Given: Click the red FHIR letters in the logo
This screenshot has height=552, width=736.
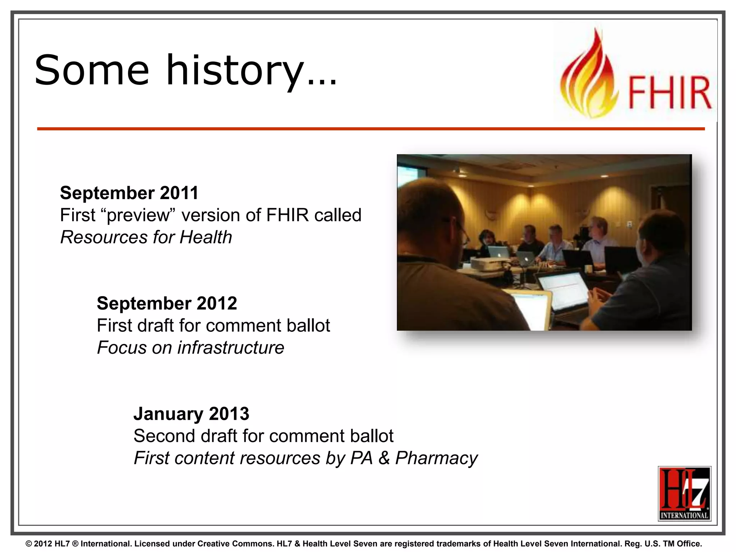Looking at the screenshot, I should pyautogui.click(x=669, y=93).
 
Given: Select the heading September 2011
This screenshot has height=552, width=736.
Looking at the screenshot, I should pyautogui.click(x=129, y=193).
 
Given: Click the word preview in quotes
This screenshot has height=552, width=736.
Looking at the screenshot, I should pyautogui.click(x=138, y=216).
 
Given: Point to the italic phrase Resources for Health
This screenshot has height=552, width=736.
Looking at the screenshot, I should pyautogui.click(x=146, y=238).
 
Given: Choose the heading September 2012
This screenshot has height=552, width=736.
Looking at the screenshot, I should pyautogui.click(x=167, y=303).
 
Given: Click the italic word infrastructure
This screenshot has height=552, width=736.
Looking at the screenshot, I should pyautogui.click(x=231, y=348).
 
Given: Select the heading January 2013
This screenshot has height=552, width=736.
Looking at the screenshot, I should pyautogui.click(x=191, y=414).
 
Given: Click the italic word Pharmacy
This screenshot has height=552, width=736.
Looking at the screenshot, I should pyautogui.click(x=436, y=458).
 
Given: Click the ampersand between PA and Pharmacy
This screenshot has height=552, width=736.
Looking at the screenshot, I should pyautogui.click(x=384, y=458).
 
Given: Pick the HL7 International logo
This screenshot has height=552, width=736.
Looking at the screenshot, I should pyautogui.click(x=684, y=494).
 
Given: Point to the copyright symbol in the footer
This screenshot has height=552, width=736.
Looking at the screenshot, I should pyautogui.click(x=29, y=544).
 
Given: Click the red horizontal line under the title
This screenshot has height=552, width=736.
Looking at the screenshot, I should pyautogui.click(x=370, y=129).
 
